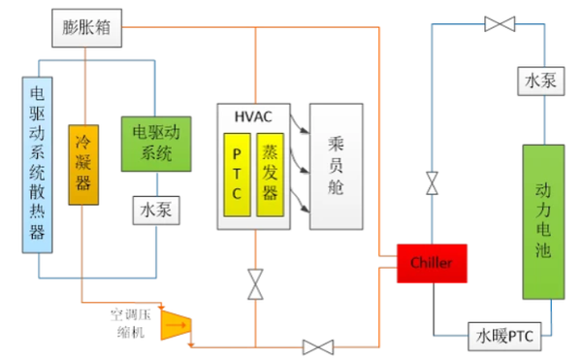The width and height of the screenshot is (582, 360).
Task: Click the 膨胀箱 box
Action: point(85,30)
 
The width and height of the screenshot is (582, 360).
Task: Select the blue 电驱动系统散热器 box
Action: point(37,165)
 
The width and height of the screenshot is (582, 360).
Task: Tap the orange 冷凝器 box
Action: point(83,163)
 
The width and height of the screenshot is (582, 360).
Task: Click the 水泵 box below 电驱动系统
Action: point(156,210)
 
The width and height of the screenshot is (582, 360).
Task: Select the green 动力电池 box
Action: point(542,221)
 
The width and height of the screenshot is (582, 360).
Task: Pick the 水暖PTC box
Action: point(504,337)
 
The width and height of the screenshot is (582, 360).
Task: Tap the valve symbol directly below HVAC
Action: point(255,285)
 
